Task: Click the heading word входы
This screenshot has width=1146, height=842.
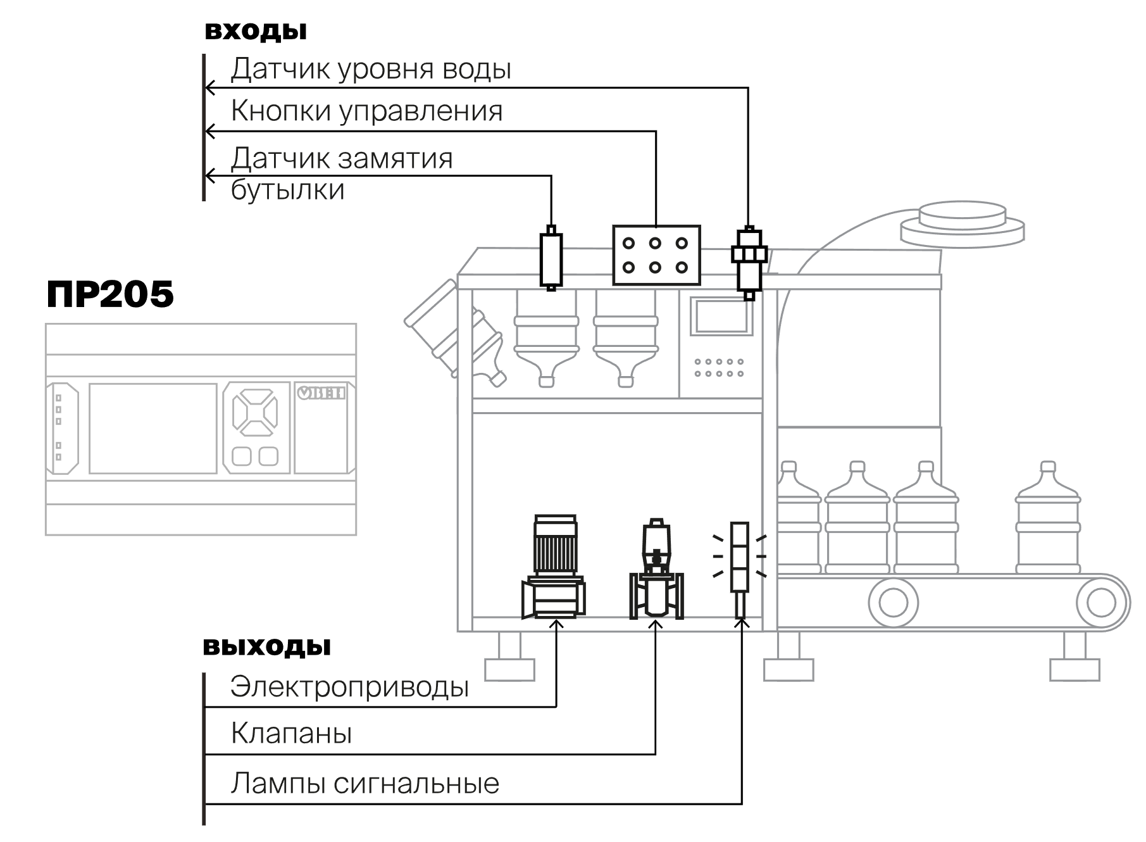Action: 256,31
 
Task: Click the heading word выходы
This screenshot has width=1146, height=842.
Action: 267,646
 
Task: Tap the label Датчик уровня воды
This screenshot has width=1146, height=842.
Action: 371,68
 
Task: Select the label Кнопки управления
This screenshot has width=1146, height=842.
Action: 366,111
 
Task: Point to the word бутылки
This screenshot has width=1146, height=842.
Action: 288,189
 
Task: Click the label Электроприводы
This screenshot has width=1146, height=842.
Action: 349,687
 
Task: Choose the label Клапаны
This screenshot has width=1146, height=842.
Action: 291,733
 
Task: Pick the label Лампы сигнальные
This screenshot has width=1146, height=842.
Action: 365,784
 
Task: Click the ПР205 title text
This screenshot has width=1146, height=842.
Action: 110,294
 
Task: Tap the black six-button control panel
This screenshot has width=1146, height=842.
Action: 656,255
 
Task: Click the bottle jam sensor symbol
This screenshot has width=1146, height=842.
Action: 551,258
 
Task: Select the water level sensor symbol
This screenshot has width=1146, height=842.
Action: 749,263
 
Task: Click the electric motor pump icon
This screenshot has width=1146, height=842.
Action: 554,567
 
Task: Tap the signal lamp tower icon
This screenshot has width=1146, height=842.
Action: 740,570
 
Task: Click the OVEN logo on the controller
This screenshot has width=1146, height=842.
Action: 321,393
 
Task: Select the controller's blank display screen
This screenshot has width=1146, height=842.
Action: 153,428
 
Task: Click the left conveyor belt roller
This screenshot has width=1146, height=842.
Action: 893,602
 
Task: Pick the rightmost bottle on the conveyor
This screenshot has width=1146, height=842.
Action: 1047,518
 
